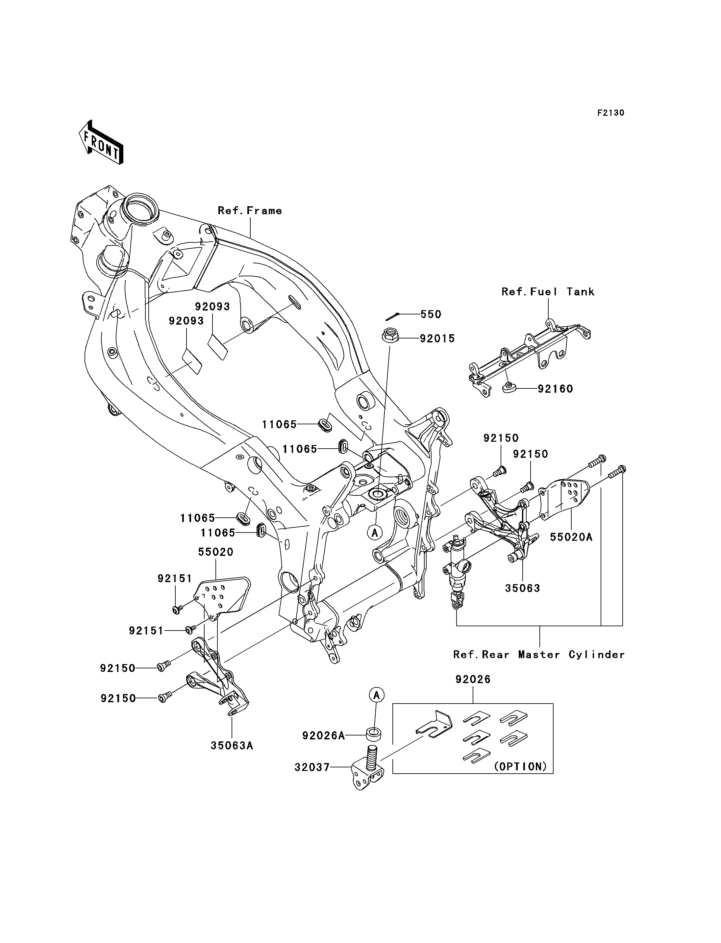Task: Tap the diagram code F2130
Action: pyautogui.click(x=611, y=113)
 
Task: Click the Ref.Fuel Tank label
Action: pyautogui.click(x=548, y=291)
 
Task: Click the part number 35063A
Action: pyautogui.click(x=232, y=746)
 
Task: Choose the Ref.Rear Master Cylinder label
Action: pyautogui.click(x=539, y=655)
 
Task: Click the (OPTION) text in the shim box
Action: pyautogui.click(x=521, y=767)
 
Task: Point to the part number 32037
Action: pyautogui.click(x=312, y=767)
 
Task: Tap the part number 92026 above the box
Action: pyautogui.click(x=473, y=680)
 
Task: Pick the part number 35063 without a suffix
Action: pyautogui.click(x=522, y=588)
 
